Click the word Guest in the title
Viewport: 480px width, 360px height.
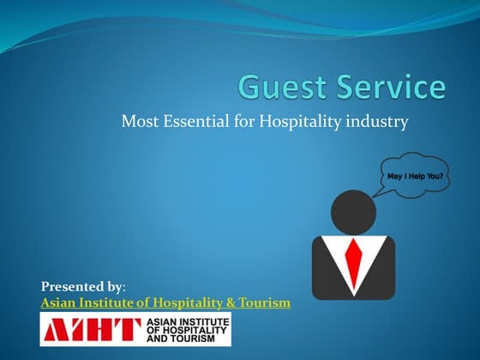[x=281, y=88]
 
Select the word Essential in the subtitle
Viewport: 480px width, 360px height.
[x=198, y=123]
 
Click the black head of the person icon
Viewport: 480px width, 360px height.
[x=353, y=211]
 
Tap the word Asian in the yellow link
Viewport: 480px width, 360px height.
[x=58, y=303]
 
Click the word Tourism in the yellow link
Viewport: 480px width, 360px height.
[x=263, y=303]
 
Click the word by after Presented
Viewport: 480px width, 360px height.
[x=118, y=285]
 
